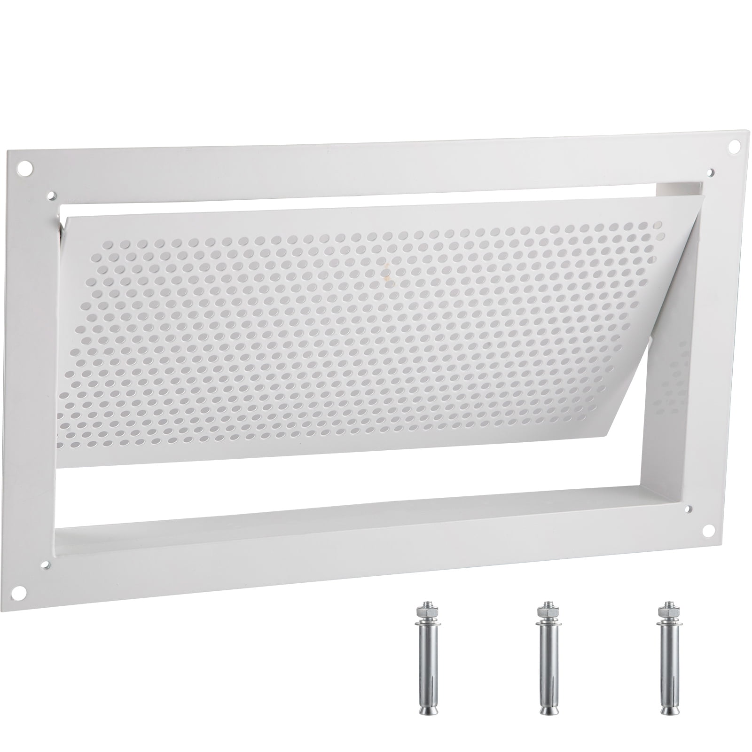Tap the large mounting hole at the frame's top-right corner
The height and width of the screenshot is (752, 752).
point(733,148)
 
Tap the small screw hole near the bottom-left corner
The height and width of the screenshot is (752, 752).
point(45,565)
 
